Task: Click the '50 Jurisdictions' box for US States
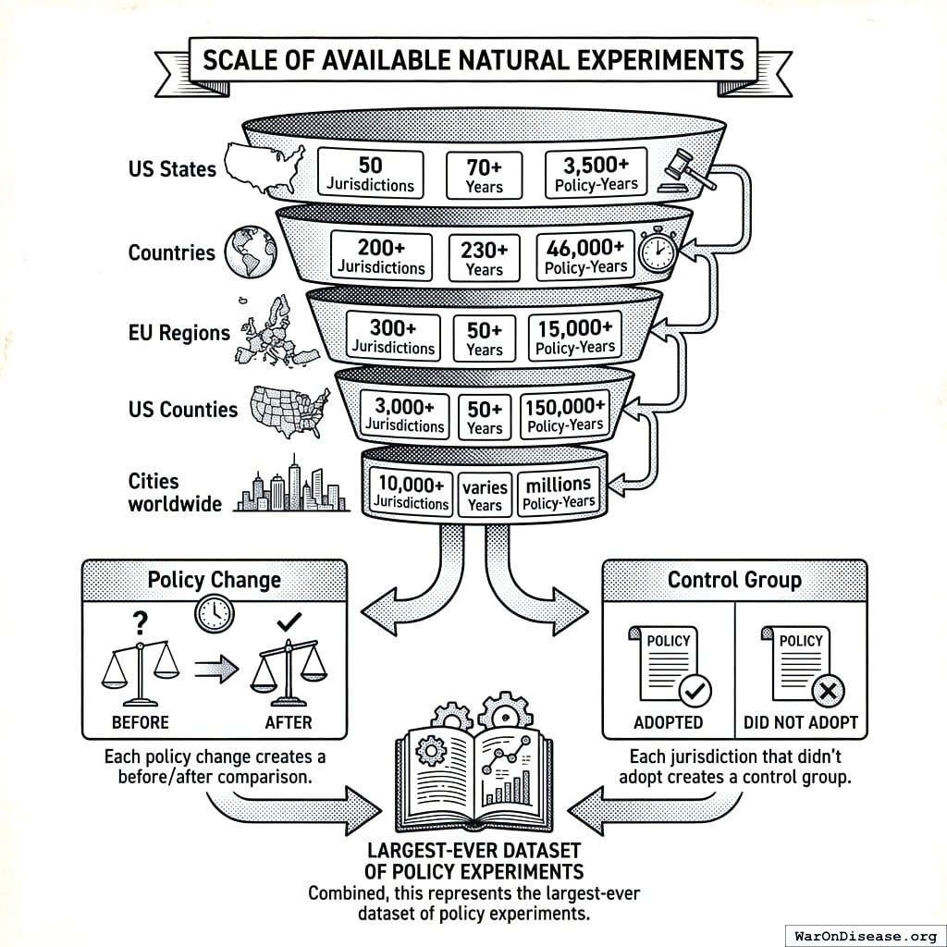[x=370, y=174]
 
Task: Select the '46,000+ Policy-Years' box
[x=585, y=256]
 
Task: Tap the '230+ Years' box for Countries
[x=484, y=259]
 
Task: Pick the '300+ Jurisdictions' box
[x=392, y=337]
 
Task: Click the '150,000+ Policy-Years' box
[x=564, y=415]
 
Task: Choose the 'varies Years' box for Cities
[x=485, y=495]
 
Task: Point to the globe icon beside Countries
[x=250, y=252]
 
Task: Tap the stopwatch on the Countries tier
[x=658, y=250]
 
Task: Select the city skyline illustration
[x=291, y=487]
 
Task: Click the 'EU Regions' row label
[x=178, y=333]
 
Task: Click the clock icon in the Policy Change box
[x=214, y=611]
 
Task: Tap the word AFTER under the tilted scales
[x=289, y=721]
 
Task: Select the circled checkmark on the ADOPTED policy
[x=695, y=691]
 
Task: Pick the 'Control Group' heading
[x=734, y=580]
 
